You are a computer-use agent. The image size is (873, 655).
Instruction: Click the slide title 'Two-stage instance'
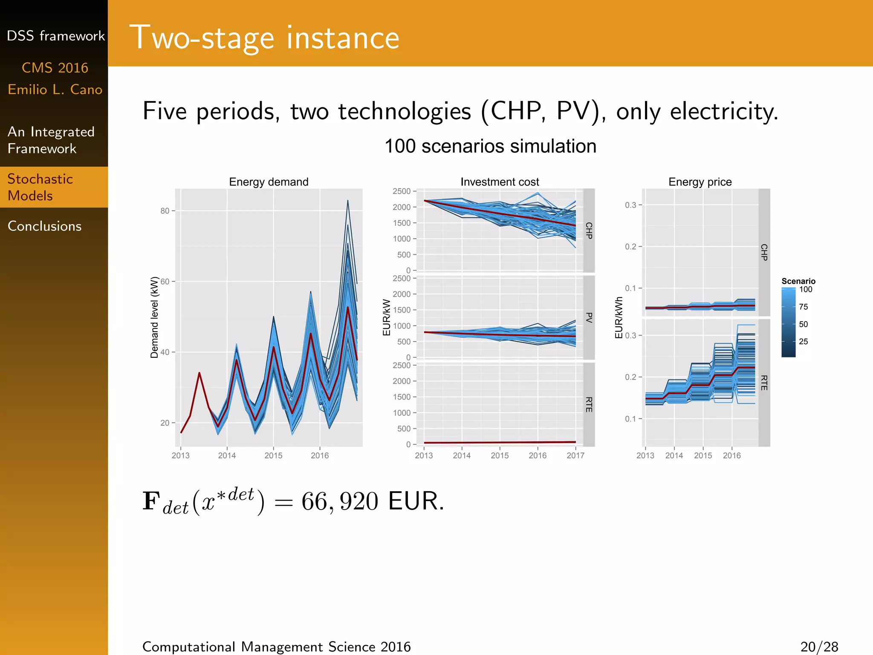(x=264, y=38)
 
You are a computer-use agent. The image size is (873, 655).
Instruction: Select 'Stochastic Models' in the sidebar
(x=40, y=187)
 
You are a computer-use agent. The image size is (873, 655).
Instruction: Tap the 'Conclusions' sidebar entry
(x=44, y=226)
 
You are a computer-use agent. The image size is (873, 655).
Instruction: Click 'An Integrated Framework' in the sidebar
(x=51, y=140)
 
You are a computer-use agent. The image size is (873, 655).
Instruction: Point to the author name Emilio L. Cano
(x=55, y=90)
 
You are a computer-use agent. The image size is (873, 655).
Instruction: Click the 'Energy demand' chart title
(x=269, y=182)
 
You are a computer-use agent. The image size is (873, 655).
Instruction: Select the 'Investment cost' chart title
(x=500, y=182)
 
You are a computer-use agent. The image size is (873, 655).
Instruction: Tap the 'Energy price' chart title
(x=700, y=182)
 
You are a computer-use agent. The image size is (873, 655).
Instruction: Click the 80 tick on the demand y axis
(x=165, y=211)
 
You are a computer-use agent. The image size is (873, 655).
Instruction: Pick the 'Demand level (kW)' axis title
(x=154, y=317)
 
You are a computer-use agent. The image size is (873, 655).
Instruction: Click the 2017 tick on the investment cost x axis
(x=575, y=456)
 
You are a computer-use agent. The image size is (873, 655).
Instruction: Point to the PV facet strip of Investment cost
(x=589, y=317)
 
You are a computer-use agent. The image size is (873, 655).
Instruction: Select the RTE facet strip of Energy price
(x=764, y=383)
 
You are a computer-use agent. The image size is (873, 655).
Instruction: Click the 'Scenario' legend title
(x=798, y=281)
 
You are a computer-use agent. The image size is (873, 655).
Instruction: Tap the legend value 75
(x=804, y=307)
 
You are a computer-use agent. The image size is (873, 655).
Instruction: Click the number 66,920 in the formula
(x=340, y=501)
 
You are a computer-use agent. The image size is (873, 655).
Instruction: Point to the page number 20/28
(x=819, y=647)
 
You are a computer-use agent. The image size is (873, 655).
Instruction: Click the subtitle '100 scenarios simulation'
(x=490, y=146)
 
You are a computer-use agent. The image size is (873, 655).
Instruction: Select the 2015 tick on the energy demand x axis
(x=273, y=456)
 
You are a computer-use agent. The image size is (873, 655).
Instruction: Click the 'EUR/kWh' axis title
(x=619, y=318)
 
